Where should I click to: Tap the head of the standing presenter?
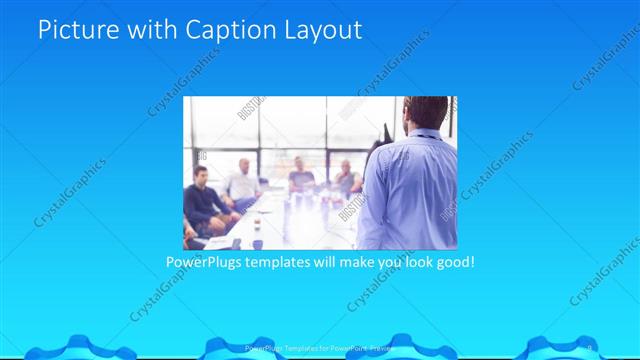pos(421,115)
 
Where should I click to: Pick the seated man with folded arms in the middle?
pos(301,177)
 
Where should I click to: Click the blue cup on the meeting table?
pos(257,243)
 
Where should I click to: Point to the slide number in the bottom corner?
pos(589,348)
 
